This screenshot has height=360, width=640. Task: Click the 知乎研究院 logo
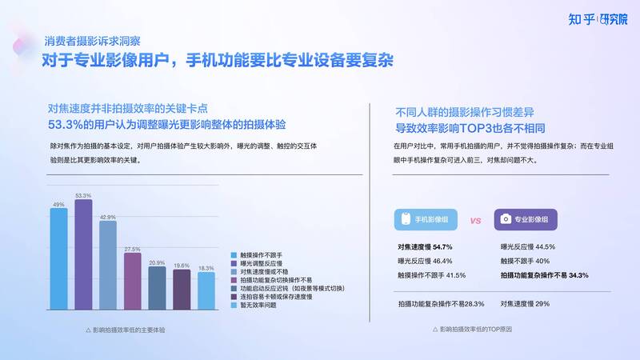tap(598, 19)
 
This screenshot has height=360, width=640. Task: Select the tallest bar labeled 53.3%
tap(83, 254)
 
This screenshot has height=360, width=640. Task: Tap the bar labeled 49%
tap(58, 258)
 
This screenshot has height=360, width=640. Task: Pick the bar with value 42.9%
tap(108, 266)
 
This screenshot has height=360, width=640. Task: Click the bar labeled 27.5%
tap(133, 282)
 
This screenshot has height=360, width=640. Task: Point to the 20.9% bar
tap(157, 288)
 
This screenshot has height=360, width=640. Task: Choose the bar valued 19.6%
tap(182, 290)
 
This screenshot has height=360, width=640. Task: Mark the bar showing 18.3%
tap(206, 290)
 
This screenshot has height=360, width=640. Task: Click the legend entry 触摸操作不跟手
tap(257, 255)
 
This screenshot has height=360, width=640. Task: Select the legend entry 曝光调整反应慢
tap(257, 263)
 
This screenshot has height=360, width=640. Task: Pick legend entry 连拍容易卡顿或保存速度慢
tap(271, 297)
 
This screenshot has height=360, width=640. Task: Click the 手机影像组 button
tap(426, 219)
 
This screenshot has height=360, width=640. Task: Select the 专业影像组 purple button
tap(526, 219)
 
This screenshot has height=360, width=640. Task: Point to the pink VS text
tap(475, 221)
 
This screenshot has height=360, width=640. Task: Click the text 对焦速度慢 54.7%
tap(425, 247)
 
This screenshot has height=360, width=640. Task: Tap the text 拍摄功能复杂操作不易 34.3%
tap(545, 275)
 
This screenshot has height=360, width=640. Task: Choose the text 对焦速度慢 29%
tap(525, 304)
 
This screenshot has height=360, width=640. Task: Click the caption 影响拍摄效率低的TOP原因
tap(472, 329)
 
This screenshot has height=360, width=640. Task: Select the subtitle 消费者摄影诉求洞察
tap(92, 41)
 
